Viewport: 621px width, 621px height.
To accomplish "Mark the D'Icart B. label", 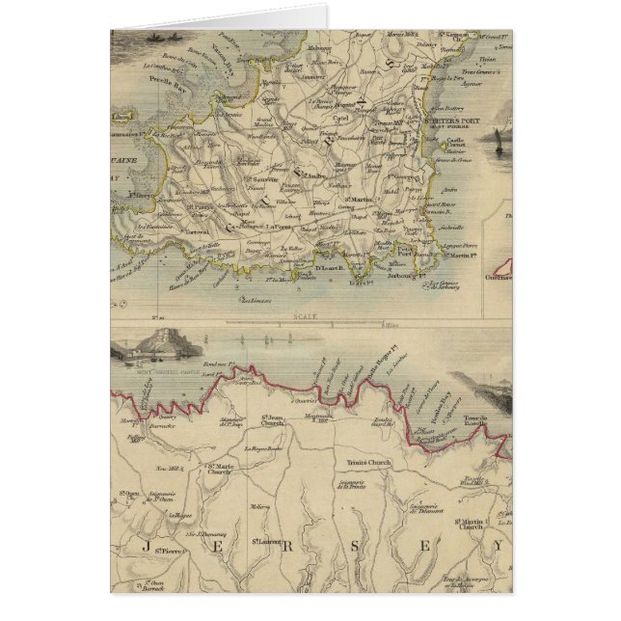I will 327,270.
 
